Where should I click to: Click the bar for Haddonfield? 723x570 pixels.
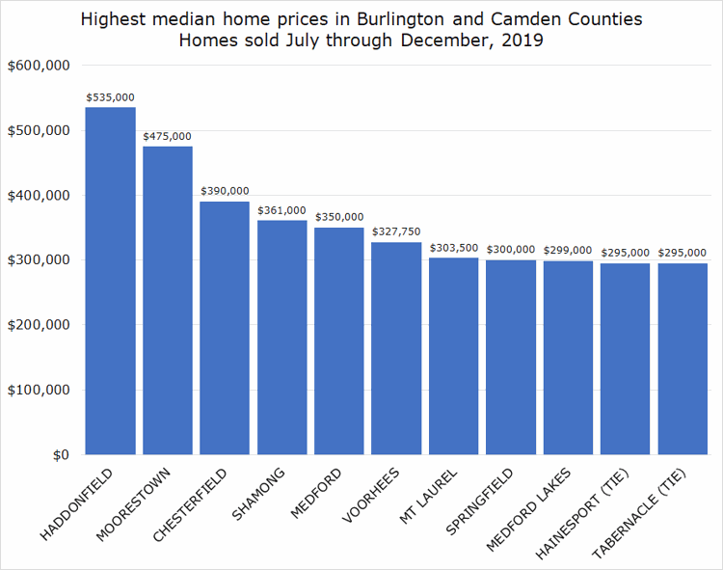pyautogui.click(x=110, y=281)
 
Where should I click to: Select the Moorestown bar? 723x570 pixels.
pyautogui.click(x=168, y=300)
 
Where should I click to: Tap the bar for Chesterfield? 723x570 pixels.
pyautogui.click(x=225, y=328)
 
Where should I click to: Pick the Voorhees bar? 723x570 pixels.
pyautogui.click(x=396, y=348)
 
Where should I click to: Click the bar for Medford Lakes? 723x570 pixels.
pyautogui.click(x=568, y=358)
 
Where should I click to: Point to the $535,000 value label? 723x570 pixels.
pyautogui.click(x=110, y=97)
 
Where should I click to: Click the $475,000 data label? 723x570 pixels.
pyautogui.click(x=168, y=137)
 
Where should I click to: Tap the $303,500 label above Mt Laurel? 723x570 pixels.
pyautogui.click(x=453, y=248)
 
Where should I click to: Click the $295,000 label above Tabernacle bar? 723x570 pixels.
pyautogui.click(x=683, y=254)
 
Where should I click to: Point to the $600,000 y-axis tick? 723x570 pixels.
pyautogui.click(x=37, y=66)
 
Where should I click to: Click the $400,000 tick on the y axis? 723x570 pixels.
pyautogui.click(x=37, y=196)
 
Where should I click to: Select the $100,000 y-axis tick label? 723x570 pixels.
pyautogui.click(x=37, y=391)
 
